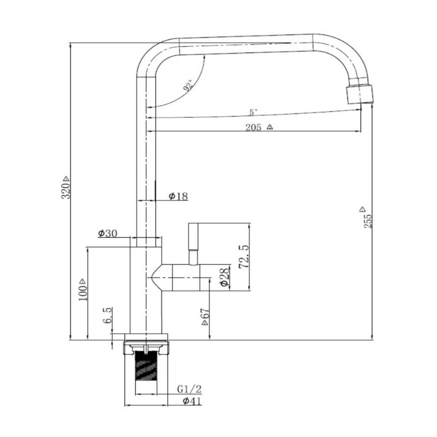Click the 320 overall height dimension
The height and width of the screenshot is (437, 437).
66,191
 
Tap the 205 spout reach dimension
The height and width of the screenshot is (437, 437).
253,128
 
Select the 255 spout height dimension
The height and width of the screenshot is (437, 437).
368,221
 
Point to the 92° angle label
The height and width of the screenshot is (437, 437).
188,86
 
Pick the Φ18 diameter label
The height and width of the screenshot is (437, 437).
178,196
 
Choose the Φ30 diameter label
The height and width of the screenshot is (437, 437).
108,234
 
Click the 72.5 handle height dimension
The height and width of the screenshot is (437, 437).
243,256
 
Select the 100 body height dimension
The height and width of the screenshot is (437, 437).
83,292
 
